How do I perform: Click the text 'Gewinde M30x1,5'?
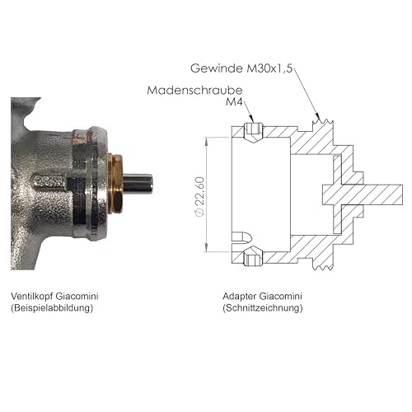241,68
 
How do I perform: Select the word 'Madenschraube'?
194,90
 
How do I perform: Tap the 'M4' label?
234,102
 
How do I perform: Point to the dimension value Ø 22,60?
199,197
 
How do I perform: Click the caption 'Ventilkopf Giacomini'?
54,296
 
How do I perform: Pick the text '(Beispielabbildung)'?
52,307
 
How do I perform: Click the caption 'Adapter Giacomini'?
262,296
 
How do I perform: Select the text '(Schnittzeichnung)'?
263,307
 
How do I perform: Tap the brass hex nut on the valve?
115,184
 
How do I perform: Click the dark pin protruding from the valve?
138,184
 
